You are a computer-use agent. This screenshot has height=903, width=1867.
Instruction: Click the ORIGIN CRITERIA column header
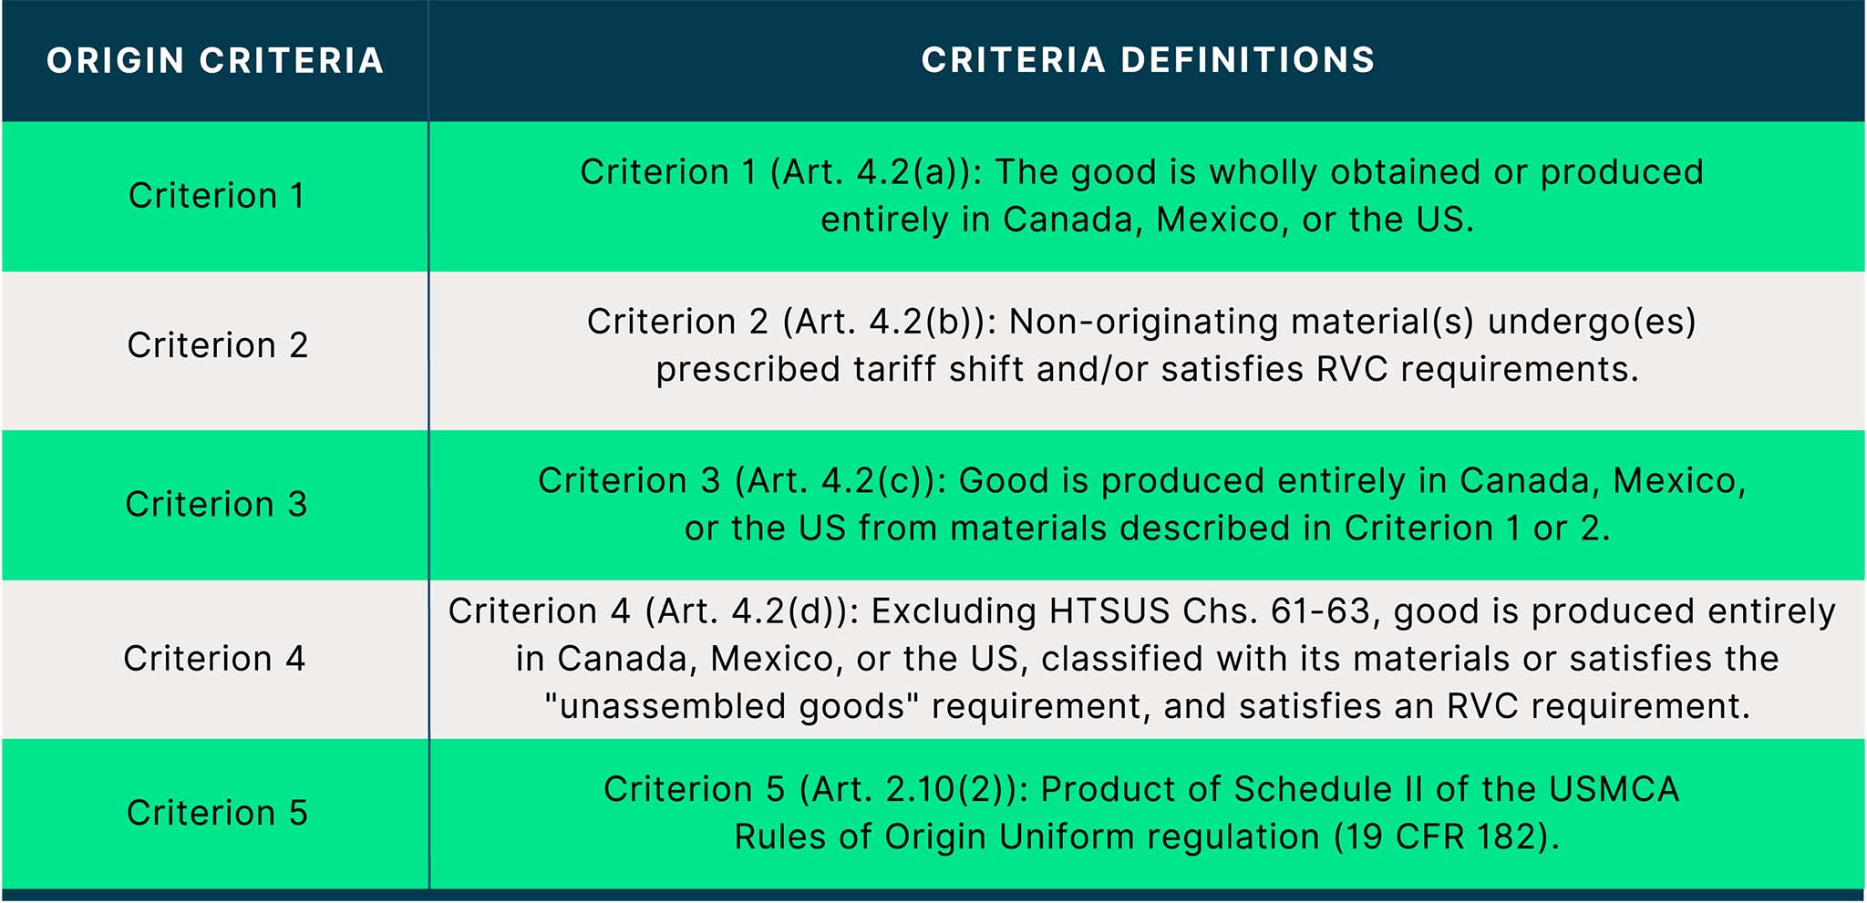coord(215,61)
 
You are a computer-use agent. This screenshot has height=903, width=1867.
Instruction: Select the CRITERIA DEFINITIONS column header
coord(1148,60)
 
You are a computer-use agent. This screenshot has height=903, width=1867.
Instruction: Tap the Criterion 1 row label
coord(216,196)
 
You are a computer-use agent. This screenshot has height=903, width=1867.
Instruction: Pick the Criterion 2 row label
coord(217,345)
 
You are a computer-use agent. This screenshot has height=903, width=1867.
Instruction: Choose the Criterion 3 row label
coord(216,504)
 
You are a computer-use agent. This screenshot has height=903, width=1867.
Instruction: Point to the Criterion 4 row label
coord(214,658)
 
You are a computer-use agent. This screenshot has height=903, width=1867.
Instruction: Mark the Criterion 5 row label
coord(217,813)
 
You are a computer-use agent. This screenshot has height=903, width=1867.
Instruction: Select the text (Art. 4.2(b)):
coord(890,322)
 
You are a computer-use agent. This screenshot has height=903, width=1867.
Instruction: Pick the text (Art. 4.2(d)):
coord(752,611)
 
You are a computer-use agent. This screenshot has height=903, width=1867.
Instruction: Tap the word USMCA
coord(1614,789)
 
